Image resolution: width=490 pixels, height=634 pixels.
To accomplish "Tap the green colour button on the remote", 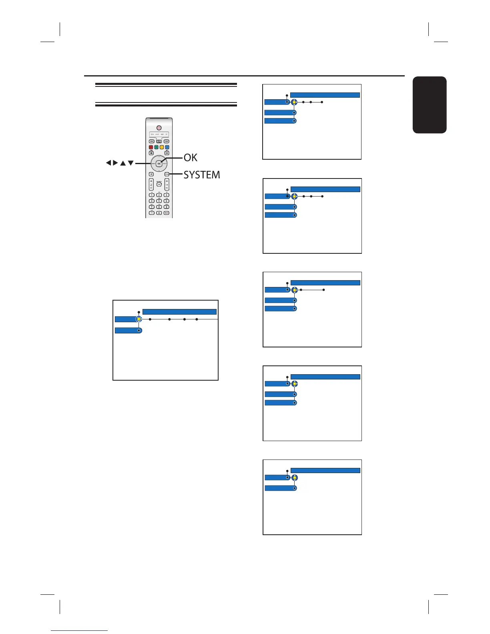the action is (x=157, y=147).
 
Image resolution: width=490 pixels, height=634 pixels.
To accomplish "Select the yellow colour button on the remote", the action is (x=162, y=147).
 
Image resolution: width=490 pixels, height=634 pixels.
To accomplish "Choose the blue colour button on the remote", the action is (x=167, y=147).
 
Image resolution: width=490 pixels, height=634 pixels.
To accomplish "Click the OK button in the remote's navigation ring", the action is (x=159, y=163).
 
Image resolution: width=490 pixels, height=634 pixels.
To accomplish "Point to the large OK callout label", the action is (x=191, y=158).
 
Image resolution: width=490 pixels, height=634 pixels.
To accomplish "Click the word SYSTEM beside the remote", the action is (x=202, y=175).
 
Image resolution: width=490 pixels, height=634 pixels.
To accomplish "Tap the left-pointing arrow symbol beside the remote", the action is (x=108, y=163).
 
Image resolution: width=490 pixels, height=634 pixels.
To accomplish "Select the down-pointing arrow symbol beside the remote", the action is (x=131, y=163).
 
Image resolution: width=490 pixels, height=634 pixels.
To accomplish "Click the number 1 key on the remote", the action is (x=152, y=195).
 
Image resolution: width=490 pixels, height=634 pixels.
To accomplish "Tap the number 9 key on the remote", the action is (x=166, y=207).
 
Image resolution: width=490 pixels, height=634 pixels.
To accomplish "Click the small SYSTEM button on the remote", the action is (x=167, y=174).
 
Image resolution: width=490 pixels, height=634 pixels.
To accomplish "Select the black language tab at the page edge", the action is (x=429, y=105).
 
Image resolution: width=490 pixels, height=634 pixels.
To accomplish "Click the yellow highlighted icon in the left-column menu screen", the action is (x=139, y=319).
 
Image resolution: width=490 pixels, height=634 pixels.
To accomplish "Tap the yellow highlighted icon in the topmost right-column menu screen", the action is (x=294, y=102).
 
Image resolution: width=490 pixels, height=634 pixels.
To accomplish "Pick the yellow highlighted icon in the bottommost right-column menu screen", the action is (x=295, y=478).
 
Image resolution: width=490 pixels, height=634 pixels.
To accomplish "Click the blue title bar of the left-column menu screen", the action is (x=179, y=312).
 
